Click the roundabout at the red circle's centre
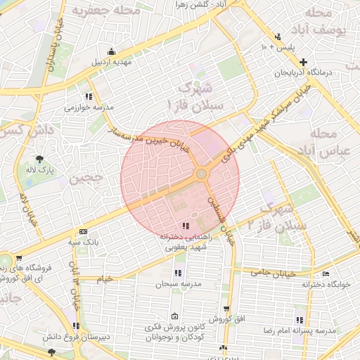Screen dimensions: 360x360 [x=201, y=173]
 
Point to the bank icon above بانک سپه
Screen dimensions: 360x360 [x=84, y=231]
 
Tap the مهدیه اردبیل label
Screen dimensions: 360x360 [x=112, y=61]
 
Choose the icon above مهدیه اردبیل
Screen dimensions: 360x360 [x=111, y=51]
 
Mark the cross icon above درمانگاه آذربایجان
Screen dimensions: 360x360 [x=303, y=63]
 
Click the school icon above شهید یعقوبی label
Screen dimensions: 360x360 [x=186, y=226]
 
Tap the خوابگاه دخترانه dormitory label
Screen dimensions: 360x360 [x=326, y=285]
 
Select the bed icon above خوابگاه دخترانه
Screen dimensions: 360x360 [x=325, y=274]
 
